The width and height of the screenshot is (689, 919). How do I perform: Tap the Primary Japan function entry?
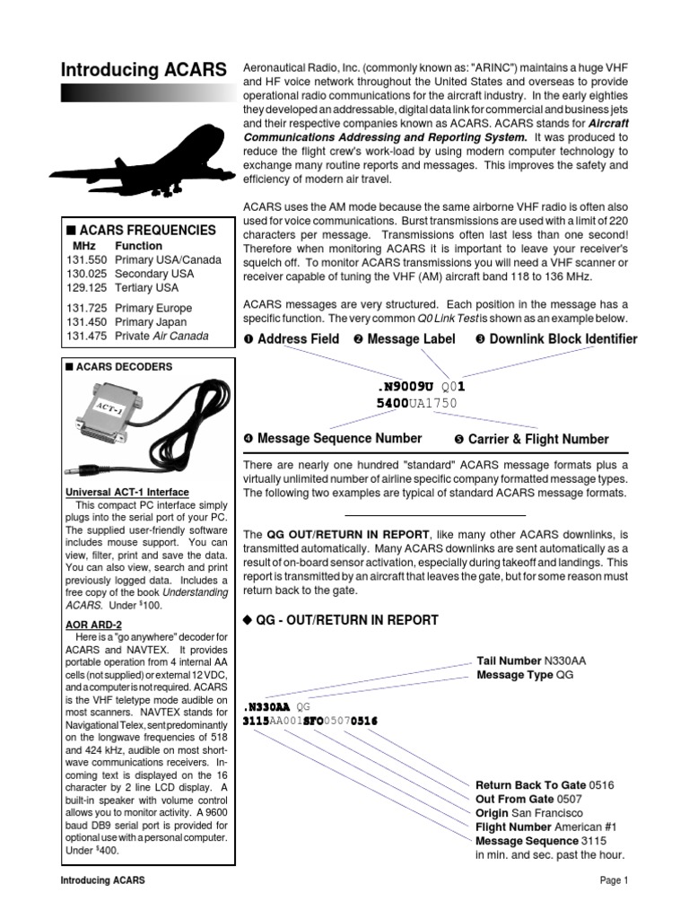pos(151,321)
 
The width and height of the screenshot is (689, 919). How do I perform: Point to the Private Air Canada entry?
pos(161,336)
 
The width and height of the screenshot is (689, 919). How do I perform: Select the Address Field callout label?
pos(292,338)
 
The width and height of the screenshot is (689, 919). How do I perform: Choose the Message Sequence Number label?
pos(332,438)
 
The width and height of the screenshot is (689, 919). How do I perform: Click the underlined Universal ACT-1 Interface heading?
pos(126,492)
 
